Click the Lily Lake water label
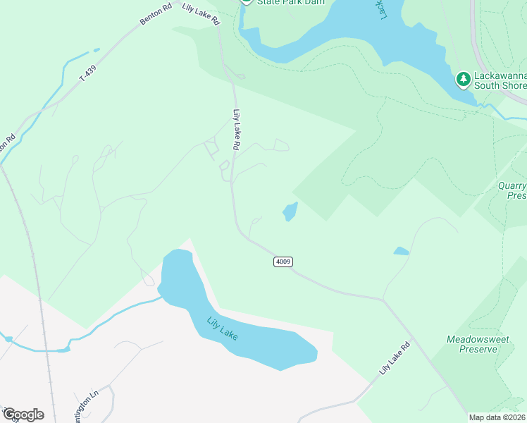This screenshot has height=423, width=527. coord(222,329)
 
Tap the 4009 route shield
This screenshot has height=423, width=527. coord(283,262)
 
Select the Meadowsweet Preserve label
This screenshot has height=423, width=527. coord(478,344)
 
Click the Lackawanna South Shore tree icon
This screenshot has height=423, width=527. coord(463,79)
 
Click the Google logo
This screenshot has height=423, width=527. coord(23,414)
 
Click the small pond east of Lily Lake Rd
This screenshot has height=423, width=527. coord(290,211)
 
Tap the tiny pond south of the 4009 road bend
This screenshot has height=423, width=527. coord(401,251)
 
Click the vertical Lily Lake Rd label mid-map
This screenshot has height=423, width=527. coord(237,129)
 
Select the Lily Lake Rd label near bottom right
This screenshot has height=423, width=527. coord(394,359)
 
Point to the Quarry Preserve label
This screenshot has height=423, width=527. coord(512,191)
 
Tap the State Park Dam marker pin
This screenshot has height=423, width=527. coord(246,2)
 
